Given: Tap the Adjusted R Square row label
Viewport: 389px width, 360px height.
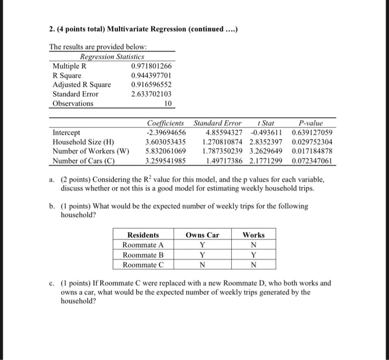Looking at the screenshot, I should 81,84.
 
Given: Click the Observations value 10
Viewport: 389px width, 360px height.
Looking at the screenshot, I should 168,103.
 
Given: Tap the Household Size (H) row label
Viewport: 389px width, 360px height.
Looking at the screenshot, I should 83,142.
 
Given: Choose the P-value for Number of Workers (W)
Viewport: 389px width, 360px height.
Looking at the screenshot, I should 312,151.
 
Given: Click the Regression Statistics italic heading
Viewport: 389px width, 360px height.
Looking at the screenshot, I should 112,57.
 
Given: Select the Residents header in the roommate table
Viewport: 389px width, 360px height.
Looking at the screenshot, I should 143,235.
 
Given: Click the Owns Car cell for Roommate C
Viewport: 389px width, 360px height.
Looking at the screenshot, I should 202,265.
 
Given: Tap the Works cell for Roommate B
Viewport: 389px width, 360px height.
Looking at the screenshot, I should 253,255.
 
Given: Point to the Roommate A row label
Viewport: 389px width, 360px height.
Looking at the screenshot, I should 143,245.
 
